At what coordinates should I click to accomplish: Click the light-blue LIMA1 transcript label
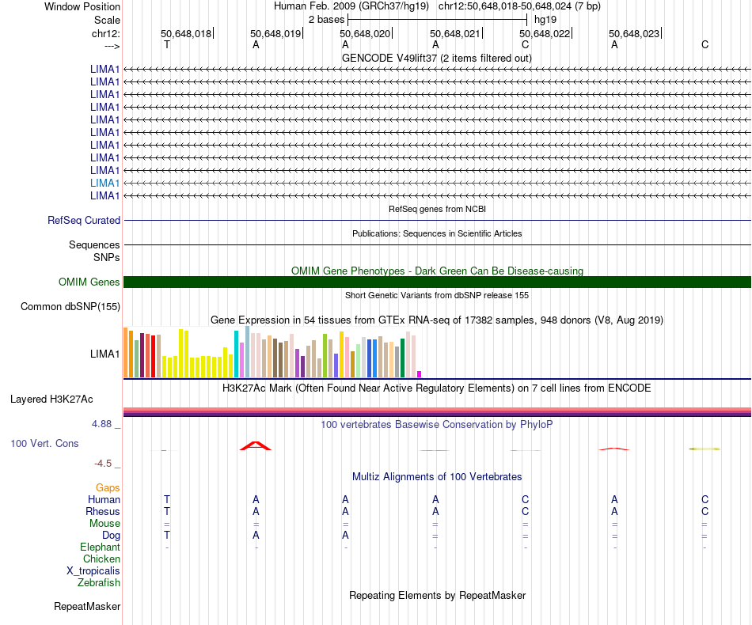105,183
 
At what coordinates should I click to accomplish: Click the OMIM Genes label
89,282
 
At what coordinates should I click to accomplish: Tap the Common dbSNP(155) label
70,307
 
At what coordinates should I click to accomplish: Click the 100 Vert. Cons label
44,444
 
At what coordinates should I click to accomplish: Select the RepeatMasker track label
87,607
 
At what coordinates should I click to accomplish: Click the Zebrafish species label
99,583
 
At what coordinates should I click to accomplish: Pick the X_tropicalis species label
93,571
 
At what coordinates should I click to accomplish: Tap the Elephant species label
100,547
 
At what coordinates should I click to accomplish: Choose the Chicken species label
101,559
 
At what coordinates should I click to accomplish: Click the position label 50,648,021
455,34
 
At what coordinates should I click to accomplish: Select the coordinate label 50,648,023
633,34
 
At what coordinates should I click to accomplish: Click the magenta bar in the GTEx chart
420,373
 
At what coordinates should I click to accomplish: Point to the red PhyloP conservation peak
256,446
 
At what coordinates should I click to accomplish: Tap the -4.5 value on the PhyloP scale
104,464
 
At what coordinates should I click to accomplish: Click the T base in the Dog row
166,536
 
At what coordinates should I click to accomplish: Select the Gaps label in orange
108,488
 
